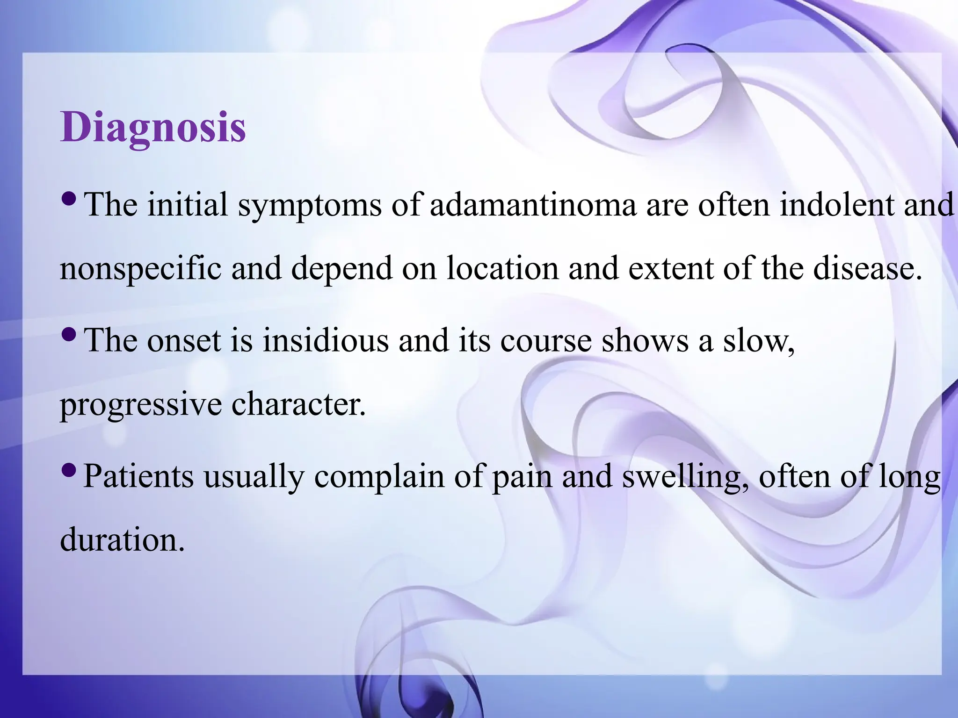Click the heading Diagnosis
coord(153,127)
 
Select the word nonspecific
coord(140,269)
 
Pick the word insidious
coord(325,340)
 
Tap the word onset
coord(183,340)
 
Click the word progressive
coord(140,405)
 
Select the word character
coord(298,405)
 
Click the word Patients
coord(138,476)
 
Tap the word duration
coord(122,540)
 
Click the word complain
coord(379,476)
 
